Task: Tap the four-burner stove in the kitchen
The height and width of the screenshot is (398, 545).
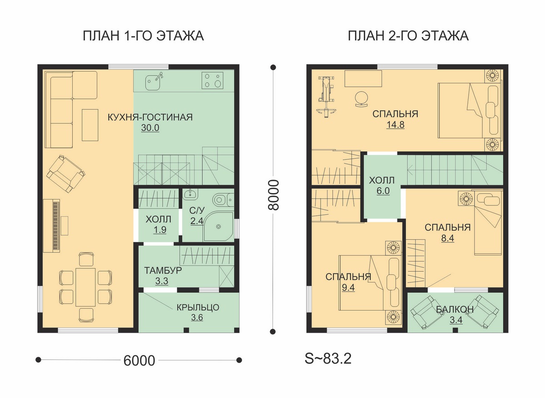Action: [212, 80]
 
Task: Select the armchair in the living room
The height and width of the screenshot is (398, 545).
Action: [66, 174]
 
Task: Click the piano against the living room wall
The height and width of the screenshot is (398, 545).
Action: [52, 226]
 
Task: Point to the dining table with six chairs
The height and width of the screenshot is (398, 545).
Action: [85, 287]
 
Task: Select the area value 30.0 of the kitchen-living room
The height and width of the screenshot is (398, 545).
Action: [150, 128]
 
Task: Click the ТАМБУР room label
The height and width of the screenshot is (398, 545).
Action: [163, 270]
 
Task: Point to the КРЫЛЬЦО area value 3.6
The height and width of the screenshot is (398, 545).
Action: [197, 317]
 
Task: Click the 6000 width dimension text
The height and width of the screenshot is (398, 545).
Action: [139, 361]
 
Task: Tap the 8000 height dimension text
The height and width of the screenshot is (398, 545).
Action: [273, 195]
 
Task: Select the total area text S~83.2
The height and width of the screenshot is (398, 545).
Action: [328, 359]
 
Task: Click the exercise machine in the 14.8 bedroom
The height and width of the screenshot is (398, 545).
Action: [326, 96]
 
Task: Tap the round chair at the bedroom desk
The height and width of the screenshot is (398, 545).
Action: [361, 98]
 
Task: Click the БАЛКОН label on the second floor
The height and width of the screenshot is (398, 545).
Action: [455, 309]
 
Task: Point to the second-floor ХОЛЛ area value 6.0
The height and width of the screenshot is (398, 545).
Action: [383, 191]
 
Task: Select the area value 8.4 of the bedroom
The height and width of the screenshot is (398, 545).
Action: [448, 238]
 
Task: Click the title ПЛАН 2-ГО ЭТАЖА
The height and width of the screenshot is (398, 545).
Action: [408, 36]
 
